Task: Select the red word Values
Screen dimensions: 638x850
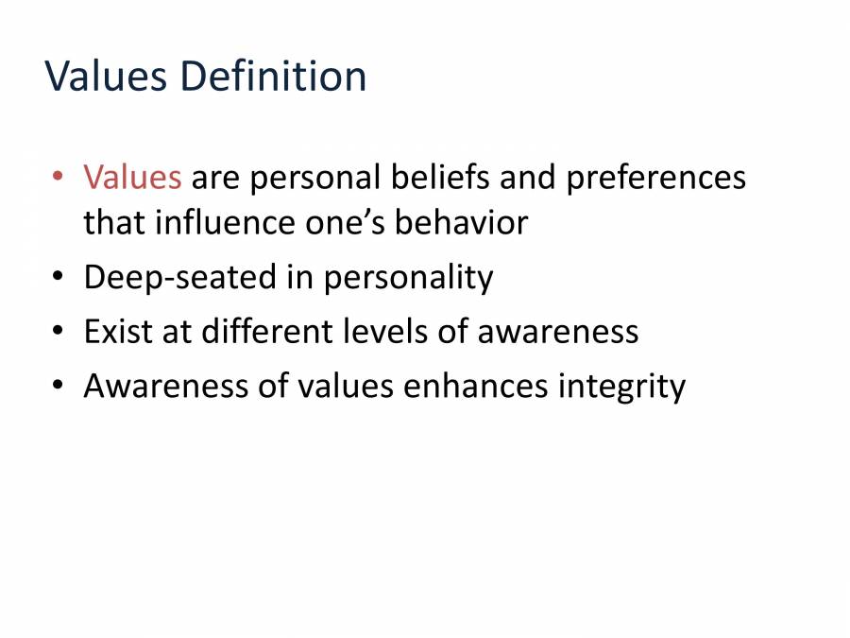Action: click(x=132, y=177)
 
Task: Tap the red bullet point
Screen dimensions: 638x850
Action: click(x=59, y=177)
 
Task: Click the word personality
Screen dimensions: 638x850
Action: click(x=408, y=280)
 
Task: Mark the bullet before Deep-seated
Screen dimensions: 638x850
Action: click(x=59, y=278)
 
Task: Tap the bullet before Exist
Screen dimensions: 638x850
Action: click(x=59, y=332)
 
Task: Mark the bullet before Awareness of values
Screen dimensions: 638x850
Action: click(x=59, y=386)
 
